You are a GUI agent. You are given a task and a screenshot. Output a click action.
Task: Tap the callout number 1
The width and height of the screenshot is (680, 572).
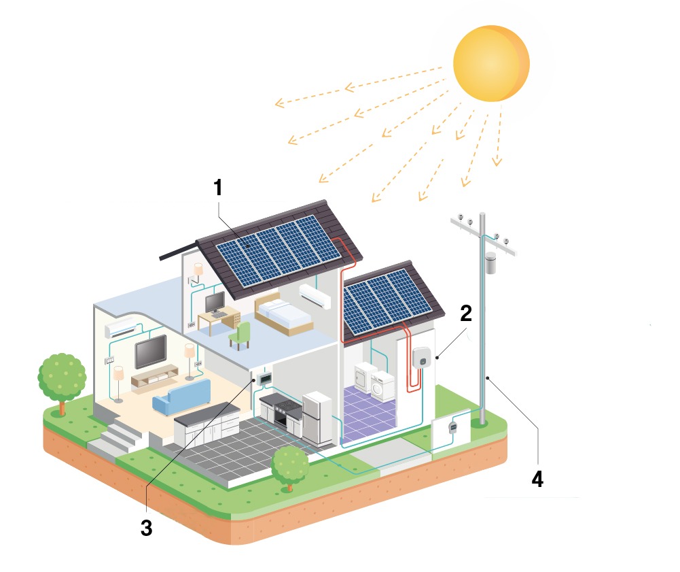[217, 188]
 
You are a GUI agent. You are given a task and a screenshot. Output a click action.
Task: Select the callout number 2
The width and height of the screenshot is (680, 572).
[465, 314]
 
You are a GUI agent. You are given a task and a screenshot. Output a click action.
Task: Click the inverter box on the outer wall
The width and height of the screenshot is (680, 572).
[420, 356]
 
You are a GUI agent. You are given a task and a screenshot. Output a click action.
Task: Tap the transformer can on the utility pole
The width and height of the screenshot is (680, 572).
[491, 263]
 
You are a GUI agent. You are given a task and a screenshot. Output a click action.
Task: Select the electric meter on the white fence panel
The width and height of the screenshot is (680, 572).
[452, 426]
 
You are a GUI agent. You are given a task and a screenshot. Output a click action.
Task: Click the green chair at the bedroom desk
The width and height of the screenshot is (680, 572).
[240, 335]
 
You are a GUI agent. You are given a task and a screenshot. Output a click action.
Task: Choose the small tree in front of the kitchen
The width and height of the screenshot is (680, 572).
[290, 466]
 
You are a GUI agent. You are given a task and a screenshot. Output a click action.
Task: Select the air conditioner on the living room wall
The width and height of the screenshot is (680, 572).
[119, 330]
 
